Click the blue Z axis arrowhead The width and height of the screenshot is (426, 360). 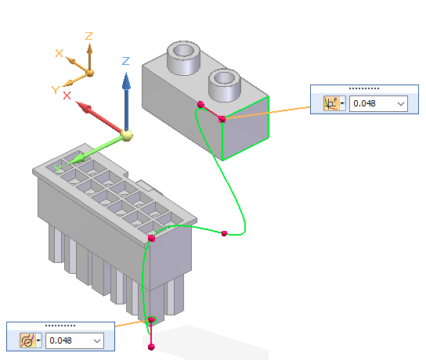click(126, 81)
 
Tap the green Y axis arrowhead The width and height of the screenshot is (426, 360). click(77, 159)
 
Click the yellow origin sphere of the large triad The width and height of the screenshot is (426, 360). click(127, 135)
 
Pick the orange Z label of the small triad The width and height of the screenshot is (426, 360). click(88, 36)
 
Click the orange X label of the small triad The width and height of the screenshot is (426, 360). click(59, 53)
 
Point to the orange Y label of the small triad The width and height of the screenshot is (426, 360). click(56, 89)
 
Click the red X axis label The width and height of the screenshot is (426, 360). click(67, 95)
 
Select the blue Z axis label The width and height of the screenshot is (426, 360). click(125, 61)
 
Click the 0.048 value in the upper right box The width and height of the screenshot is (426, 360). click(364, 103)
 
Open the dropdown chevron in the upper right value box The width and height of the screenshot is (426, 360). click(401, 104)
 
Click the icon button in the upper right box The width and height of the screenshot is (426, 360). click(331, 103)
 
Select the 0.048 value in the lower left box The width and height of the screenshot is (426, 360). click(60, 340)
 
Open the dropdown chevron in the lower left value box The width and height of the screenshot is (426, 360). click(97, 340)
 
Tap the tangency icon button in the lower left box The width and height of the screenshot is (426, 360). click(27, 340)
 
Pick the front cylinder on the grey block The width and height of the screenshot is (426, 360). click(225, 85)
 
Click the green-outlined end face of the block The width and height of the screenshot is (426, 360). click(246, 128)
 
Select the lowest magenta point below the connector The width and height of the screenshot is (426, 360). click(151, 347)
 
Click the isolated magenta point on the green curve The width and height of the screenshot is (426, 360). click(224, 233)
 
